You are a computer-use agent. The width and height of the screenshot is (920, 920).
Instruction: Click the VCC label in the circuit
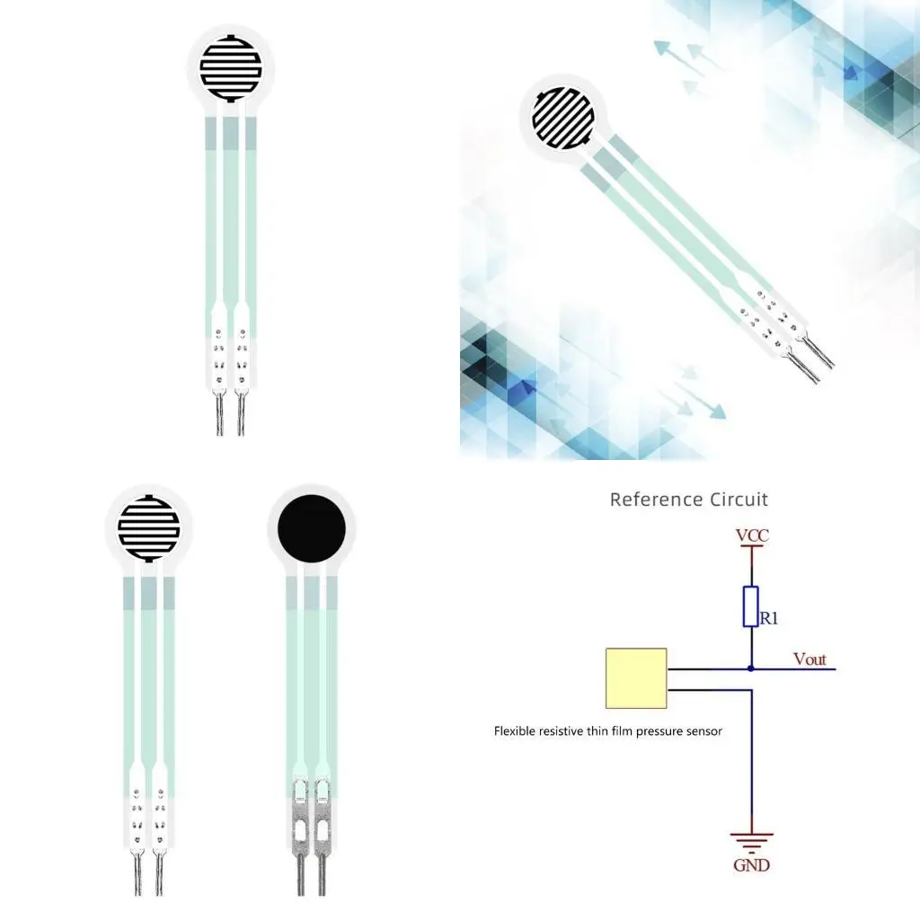[x=752, y=536]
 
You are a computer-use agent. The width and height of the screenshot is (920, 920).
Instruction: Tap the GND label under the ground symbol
[x=752, y=865]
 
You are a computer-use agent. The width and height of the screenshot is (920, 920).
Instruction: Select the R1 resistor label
[x=769, y=618]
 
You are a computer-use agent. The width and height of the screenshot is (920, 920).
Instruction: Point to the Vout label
[x=809, y=659]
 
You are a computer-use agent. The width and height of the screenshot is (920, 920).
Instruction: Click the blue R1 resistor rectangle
[x=751, y=606]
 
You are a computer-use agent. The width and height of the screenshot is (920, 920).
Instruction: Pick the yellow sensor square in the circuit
[x=636, y=678]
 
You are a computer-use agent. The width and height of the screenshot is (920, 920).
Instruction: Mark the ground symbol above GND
[x=752, y=842]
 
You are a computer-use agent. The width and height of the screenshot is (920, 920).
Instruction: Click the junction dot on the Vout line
[x=751, y=668]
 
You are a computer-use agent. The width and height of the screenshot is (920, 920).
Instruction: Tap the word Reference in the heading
[x=654, y=500]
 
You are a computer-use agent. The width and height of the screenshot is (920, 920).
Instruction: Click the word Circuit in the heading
[x=738, y=500]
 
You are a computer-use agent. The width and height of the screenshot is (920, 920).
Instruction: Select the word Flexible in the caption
[x=516, y=731]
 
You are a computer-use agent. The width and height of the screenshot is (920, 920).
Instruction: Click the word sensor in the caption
[x=703, y=731]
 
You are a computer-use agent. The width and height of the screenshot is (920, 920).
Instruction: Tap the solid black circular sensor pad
[x=312, y=529]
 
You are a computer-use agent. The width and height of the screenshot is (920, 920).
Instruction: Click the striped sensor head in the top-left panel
[x=231, y=68]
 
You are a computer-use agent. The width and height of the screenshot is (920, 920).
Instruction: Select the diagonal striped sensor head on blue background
[x=563, y=118]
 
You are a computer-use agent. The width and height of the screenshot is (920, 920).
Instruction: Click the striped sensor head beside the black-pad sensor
[x=149, y=527]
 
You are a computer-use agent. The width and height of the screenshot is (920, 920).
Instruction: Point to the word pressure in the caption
[x=659, y=731]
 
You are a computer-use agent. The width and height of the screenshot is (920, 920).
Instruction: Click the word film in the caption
[x=621, y=731]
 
